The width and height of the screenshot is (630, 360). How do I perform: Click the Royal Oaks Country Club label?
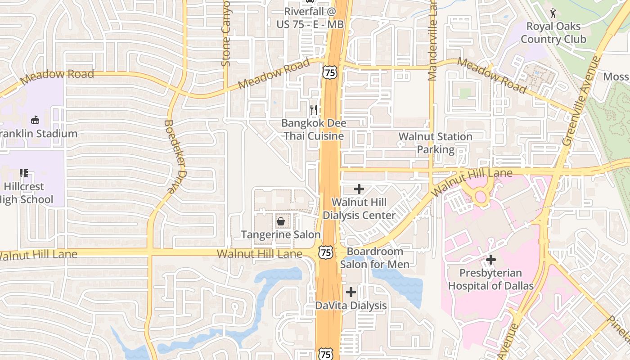point(553,32)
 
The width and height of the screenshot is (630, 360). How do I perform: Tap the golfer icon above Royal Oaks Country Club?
point(553,13)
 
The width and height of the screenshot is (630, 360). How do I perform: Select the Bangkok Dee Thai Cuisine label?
point(314,129)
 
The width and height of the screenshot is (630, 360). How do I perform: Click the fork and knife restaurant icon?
point(314,109)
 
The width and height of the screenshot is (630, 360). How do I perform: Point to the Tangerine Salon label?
point(281,234)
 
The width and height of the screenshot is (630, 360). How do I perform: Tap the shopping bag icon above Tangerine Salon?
point(281,221)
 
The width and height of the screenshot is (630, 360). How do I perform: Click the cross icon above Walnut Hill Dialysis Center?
point(359,189)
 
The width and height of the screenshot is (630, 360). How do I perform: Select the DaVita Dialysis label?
point(351,306)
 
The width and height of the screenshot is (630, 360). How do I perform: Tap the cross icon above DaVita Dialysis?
point(351,292)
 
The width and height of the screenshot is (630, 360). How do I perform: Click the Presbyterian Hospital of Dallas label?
point(490,279)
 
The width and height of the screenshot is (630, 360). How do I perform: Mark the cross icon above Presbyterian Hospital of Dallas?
point(491,260)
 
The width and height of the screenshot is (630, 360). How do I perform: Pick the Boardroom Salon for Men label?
point(374,258)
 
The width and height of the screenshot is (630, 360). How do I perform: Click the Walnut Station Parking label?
point(435,143)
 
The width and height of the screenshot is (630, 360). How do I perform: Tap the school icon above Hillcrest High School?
point(24,173)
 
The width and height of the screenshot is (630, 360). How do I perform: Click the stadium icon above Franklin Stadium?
point(35,120)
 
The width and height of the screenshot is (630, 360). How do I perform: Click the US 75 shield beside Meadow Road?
point(329,72)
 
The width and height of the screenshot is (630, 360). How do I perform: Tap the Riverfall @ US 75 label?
point(310,17)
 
